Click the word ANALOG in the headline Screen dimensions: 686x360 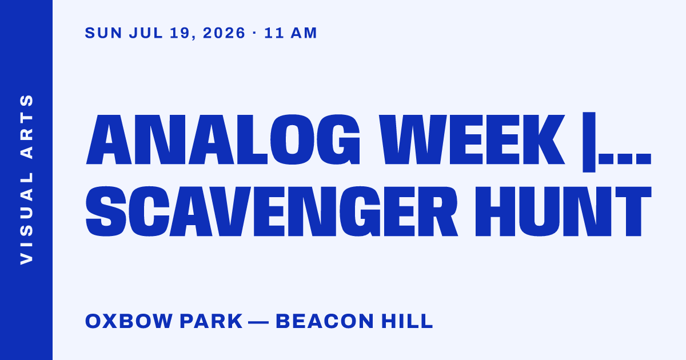[223, 139]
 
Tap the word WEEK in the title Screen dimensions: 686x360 [472, 139]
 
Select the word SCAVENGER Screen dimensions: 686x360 [272, 211]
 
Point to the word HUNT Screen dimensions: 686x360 [563, 211]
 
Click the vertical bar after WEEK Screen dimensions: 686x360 [589, 142]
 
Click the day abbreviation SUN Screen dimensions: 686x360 [103, 33]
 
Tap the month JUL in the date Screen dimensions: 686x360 [146, 33]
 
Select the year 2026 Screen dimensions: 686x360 [224, 33]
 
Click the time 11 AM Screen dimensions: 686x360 [290, 33]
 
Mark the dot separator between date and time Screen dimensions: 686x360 [254, 33]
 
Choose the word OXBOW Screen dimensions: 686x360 [129, 321]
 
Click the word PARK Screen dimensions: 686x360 [212, 321]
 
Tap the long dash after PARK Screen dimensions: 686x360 [258, 322]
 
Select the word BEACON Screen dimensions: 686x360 [325, 321]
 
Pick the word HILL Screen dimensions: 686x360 [407, 321]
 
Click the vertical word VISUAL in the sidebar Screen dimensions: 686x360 [26, 218]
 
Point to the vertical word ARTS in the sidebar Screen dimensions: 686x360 [26, 127]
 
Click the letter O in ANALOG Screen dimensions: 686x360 [293, 139]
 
